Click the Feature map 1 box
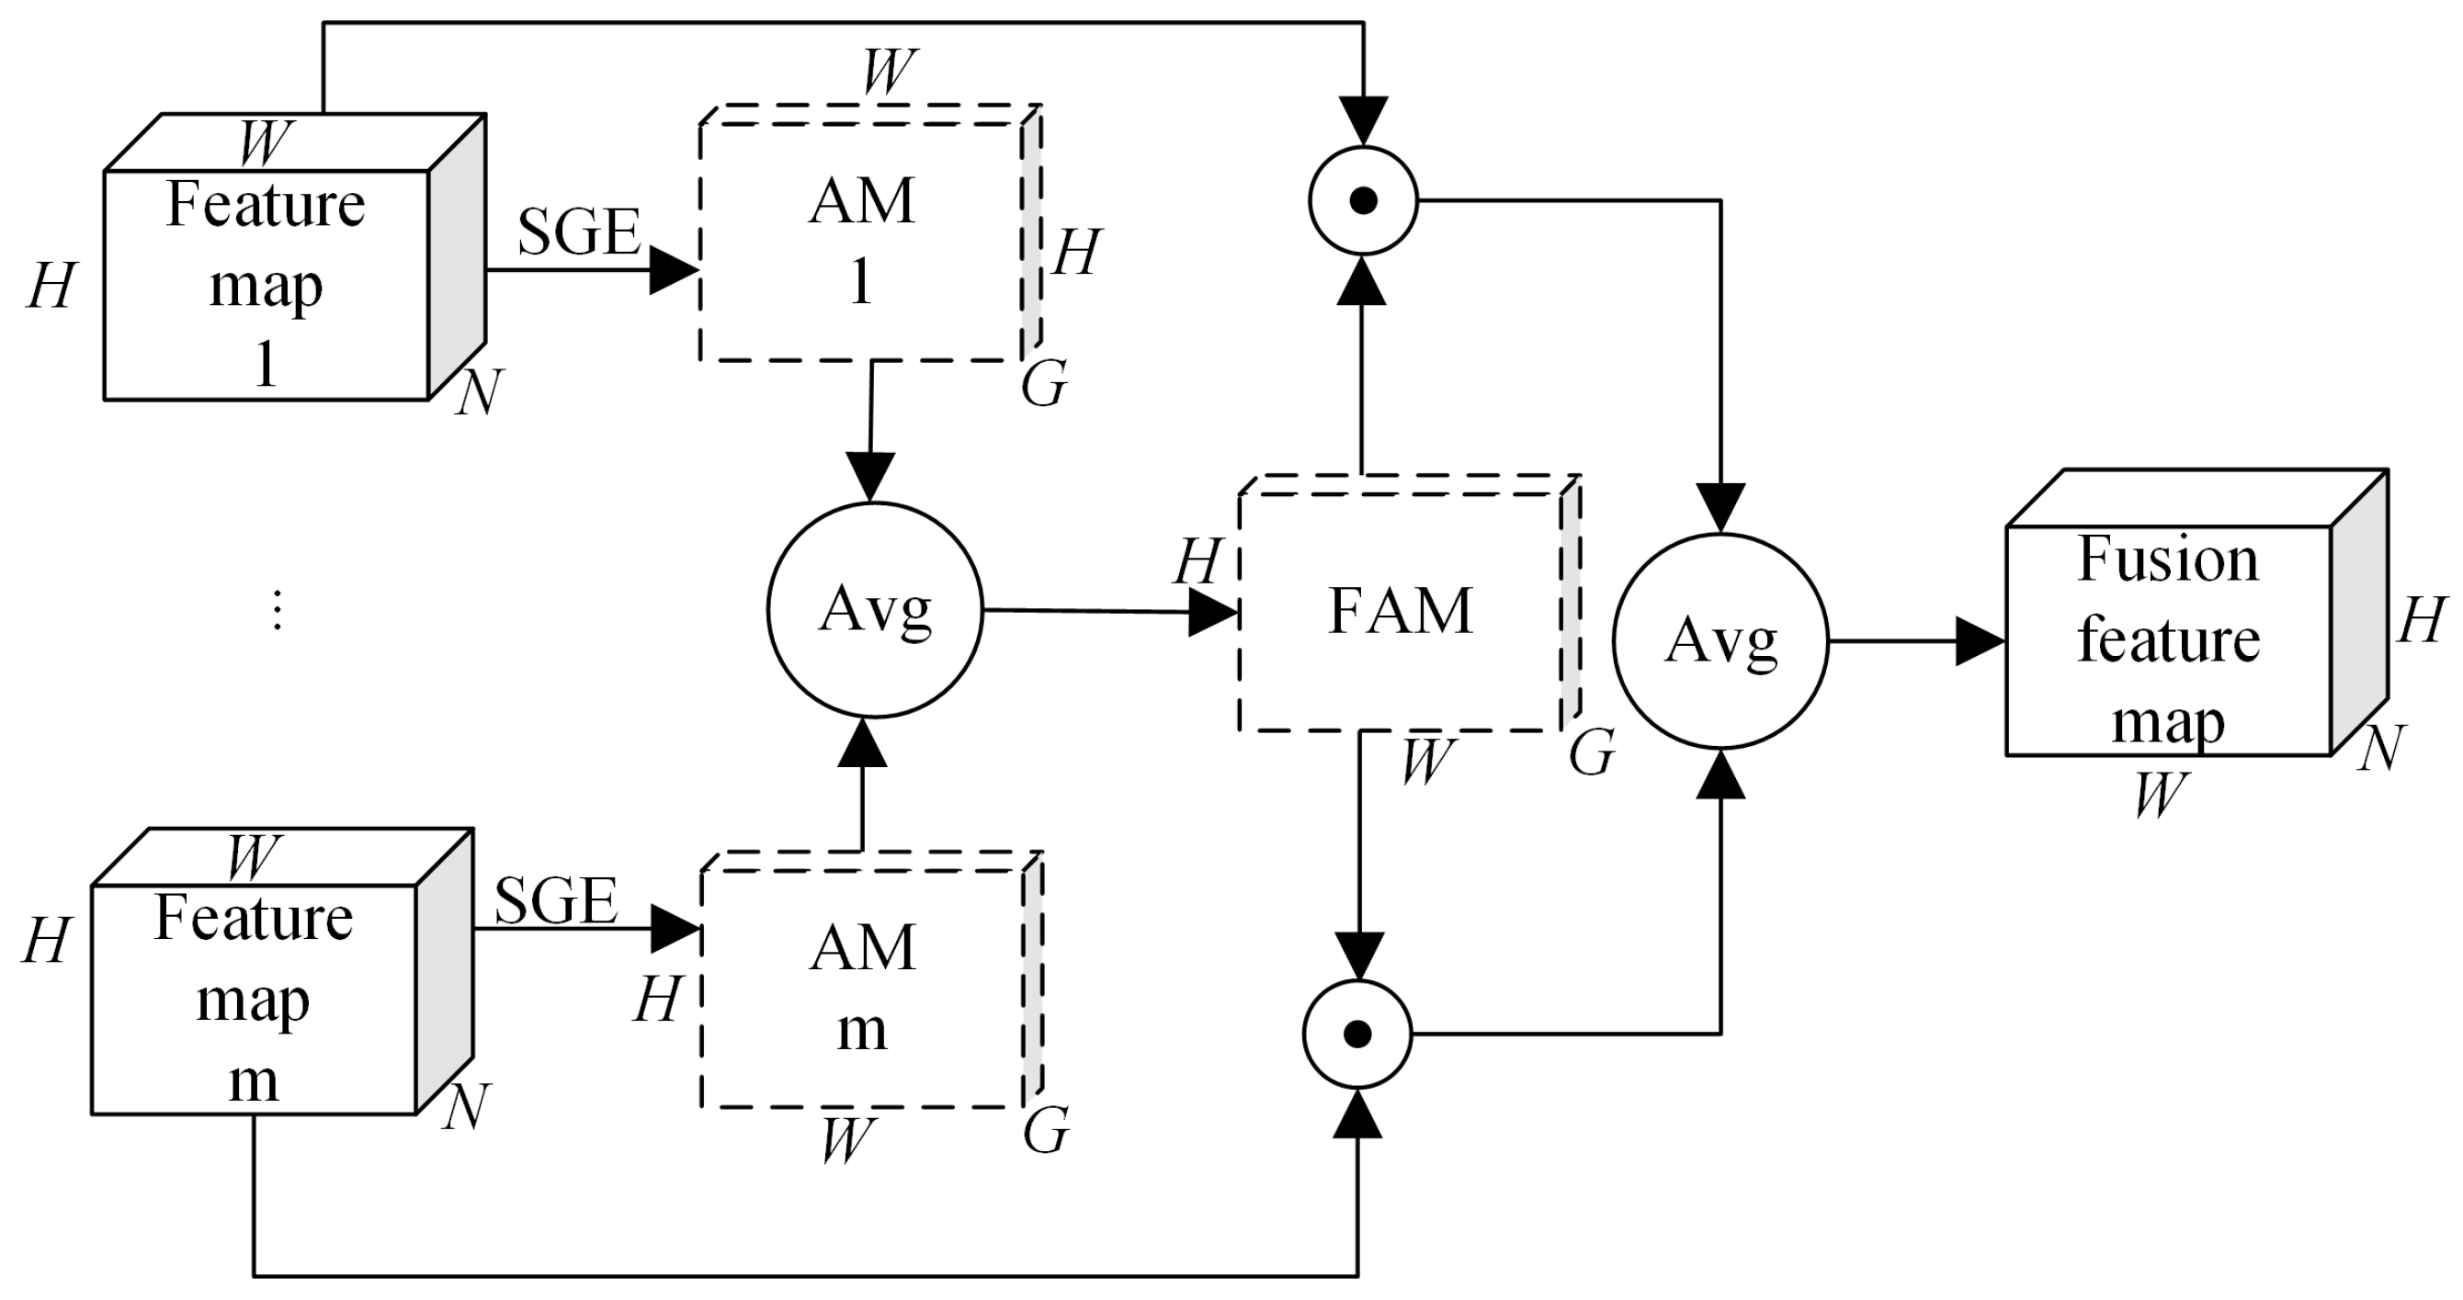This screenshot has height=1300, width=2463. (x=266, y=284)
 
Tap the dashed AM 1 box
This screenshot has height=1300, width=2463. (x=860, y=241)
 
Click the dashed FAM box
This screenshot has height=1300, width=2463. (x=1400, y=612)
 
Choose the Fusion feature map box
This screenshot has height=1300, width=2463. (x=2168, y=639)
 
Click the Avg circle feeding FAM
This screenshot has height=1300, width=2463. (x=874, y=610)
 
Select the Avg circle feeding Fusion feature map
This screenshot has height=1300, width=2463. (x=1720, y=640)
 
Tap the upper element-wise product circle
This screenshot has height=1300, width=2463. (x=1363, y=200)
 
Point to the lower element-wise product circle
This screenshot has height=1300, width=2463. (x=1356, y=1034)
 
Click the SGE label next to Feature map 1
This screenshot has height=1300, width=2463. (x=578, y=232)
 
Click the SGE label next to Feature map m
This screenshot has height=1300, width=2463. (x=555, y=900)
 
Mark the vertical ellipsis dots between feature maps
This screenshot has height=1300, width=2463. (x=278, y=610)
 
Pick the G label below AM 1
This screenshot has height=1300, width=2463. (x=1043, y=384)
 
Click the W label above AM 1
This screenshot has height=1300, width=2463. (x=890, y=71)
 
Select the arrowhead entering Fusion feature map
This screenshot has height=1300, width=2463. (x=1980, y=640)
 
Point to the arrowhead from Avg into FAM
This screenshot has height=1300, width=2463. (x=1212, y=612)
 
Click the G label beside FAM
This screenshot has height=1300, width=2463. (x=1592, y=752)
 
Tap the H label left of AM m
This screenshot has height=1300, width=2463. (x=658, y=1000)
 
